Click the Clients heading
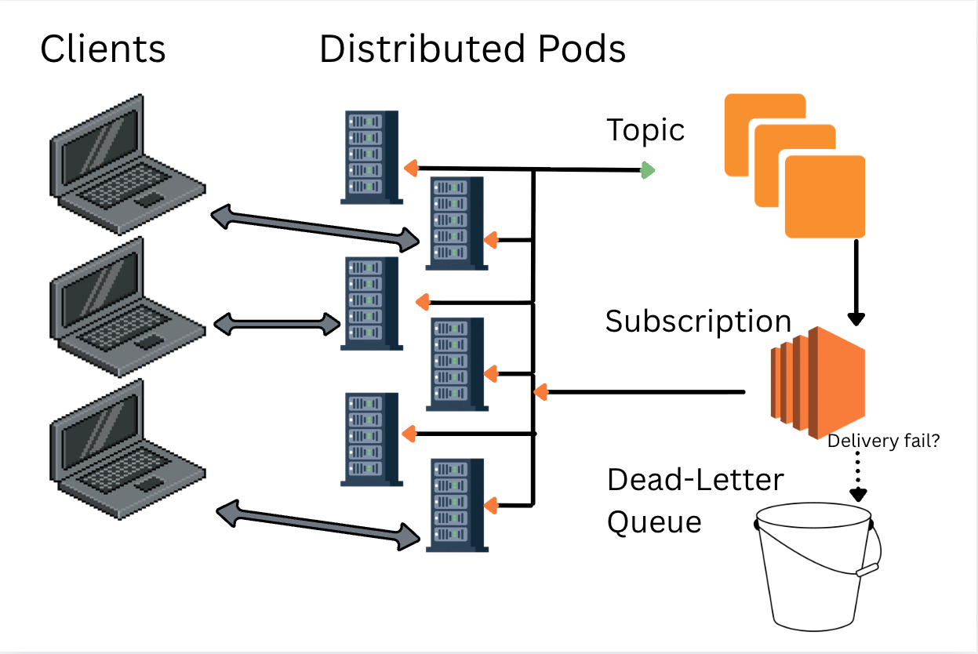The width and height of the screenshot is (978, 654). [x=103, y=49]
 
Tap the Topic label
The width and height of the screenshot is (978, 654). [x=645, y=130]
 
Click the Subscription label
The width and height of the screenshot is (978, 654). [x=698, y=322]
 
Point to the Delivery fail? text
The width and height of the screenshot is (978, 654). [x=883, y=441]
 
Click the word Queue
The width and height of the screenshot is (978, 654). [x=654, y=521]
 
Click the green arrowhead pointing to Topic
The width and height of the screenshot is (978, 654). [x=648, y=169]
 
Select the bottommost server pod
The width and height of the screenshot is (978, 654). [x=456, y=506]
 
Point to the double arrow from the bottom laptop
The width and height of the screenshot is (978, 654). [x=318, y=526]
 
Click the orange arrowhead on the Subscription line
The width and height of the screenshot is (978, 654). [x=540, y=391]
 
